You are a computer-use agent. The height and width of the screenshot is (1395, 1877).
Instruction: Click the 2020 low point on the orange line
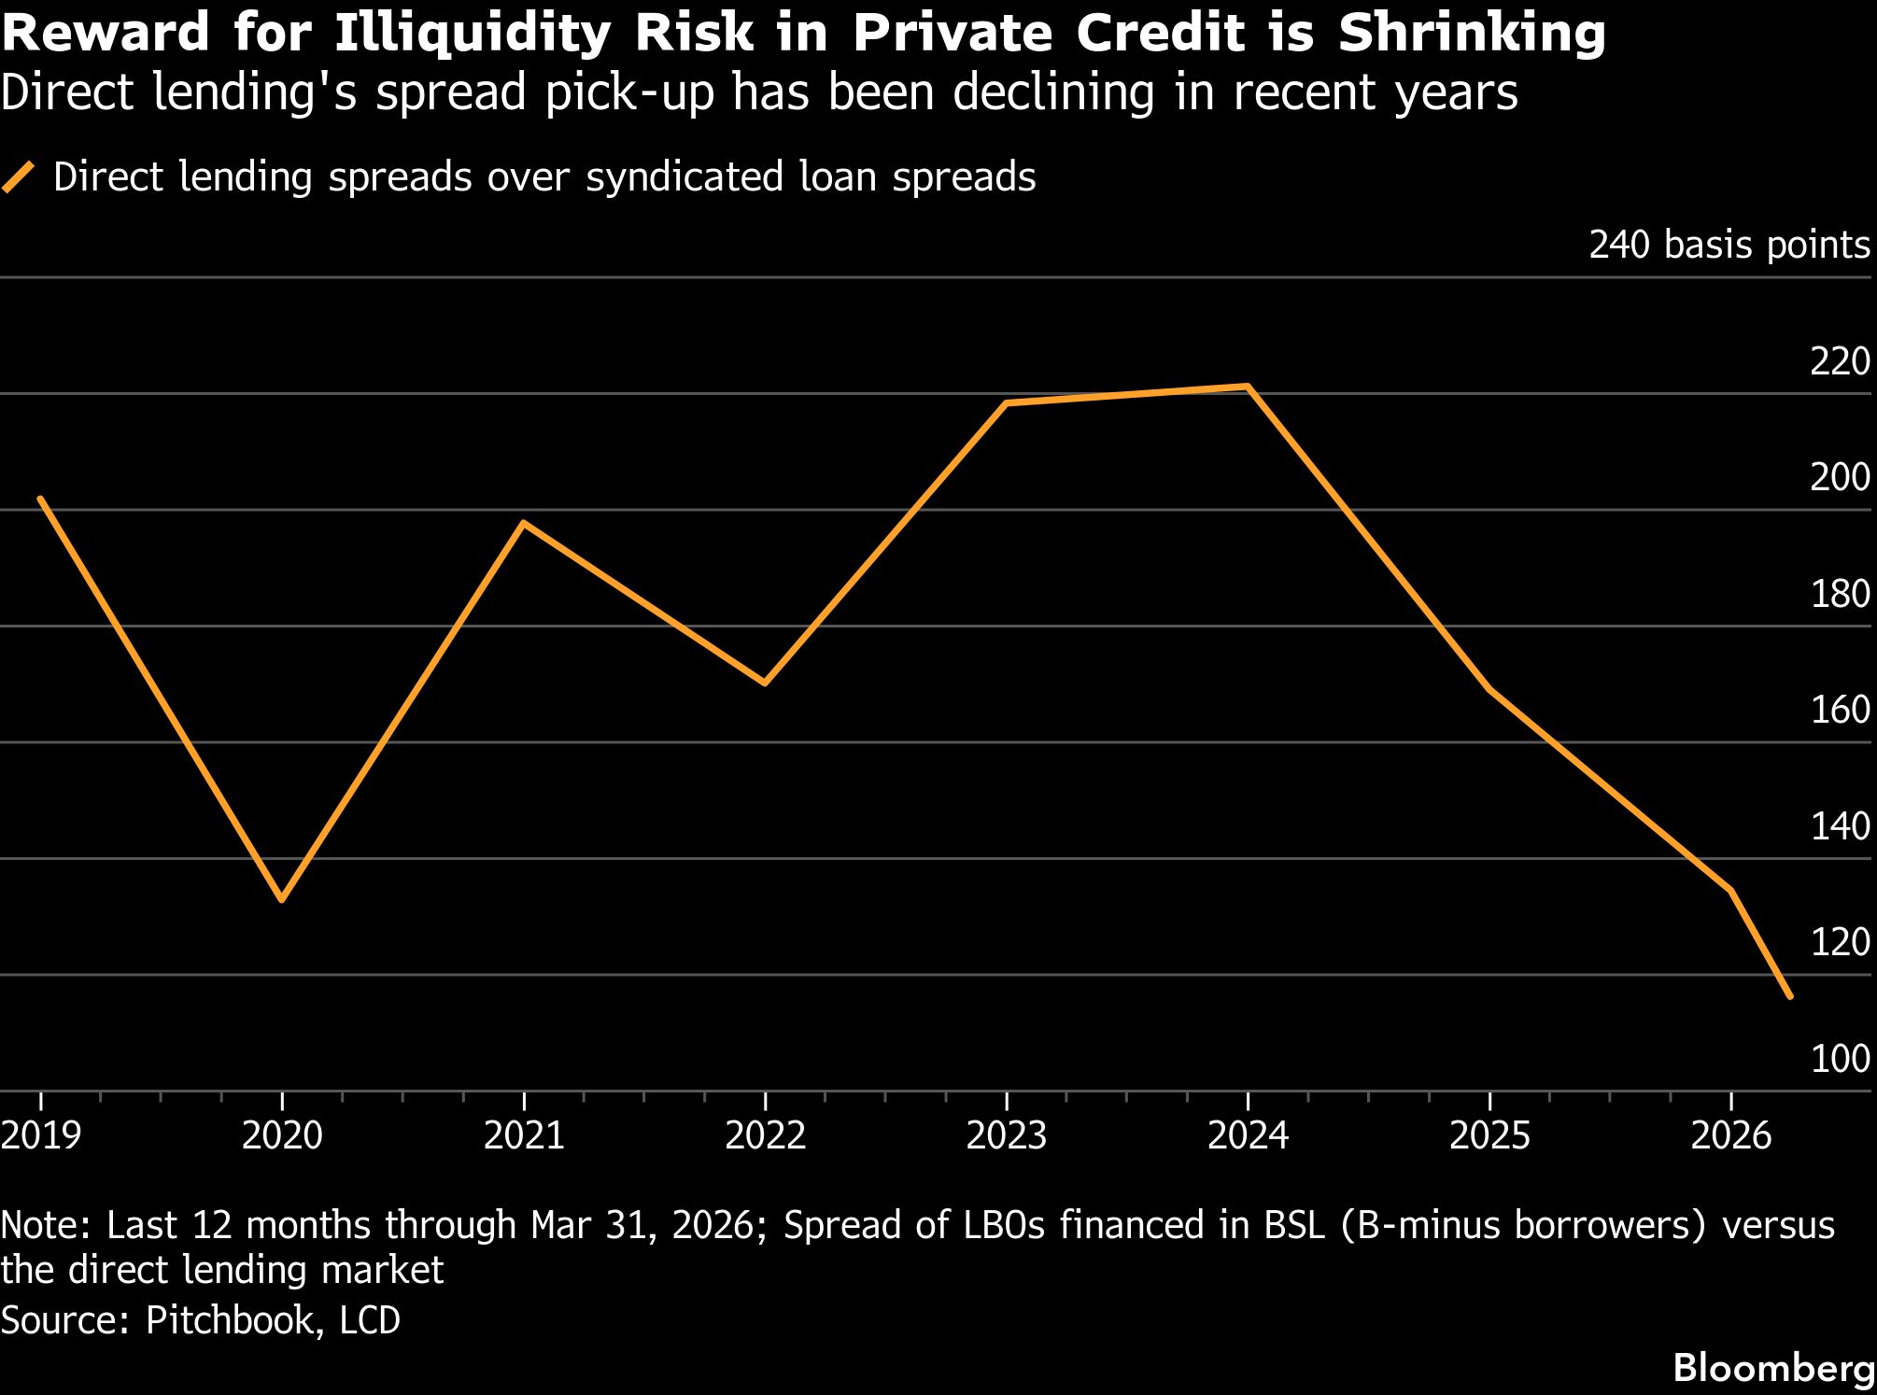pos(282,899)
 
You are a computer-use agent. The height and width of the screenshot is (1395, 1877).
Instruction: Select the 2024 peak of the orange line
pos(1249,386)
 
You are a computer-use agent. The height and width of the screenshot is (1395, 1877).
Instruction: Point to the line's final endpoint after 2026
pos(1789,996)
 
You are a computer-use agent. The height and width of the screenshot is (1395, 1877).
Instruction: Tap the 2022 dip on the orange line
pos(765,683)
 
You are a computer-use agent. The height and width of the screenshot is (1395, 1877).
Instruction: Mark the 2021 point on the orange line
pos(524,523)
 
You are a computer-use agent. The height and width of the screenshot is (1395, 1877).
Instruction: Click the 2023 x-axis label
pos(1006,1135)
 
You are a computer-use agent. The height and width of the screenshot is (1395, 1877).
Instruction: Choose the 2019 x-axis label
pos(41,1135)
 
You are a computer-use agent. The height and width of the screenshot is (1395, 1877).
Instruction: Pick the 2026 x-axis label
pos(1730,1135)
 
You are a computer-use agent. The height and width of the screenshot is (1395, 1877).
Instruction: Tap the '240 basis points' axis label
pos(1729,245)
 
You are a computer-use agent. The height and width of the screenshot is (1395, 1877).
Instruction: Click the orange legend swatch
pos(19,176)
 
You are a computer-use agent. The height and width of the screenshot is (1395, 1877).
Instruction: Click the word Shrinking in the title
pos(1472,34)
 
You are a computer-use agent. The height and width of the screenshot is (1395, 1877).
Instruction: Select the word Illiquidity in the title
pos(473,34)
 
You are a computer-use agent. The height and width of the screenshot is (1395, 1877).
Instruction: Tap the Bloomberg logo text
pos(1773,1369)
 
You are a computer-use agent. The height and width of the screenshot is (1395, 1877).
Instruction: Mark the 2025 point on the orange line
pos(1489,689)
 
